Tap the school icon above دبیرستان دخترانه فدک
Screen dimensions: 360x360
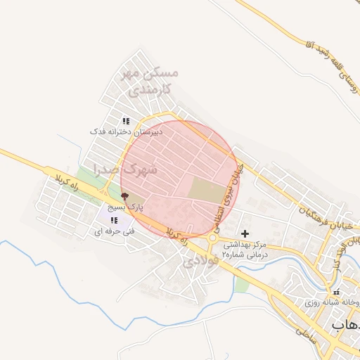click(x=127, y=121)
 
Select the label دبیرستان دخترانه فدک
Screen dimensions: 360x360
click(x=127, y=131)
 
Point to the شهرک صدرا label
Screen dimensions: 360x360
click(x=148, y=169)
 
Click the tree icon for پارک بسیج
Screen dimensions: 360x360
click(x=125, y=198)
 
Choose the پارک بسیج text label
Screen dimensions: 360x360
click(x=129, y=209)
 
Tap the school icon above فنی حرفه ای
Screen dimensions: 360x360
click(x=114, y=220)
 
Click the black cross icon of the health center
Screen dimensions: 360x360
click(x=245, y=233)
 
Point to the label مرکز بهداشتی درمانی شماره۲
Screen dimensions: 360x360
click(x=245, y=250)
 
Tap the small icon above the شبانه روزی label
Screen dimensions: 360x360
click(x=336, y=292)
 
